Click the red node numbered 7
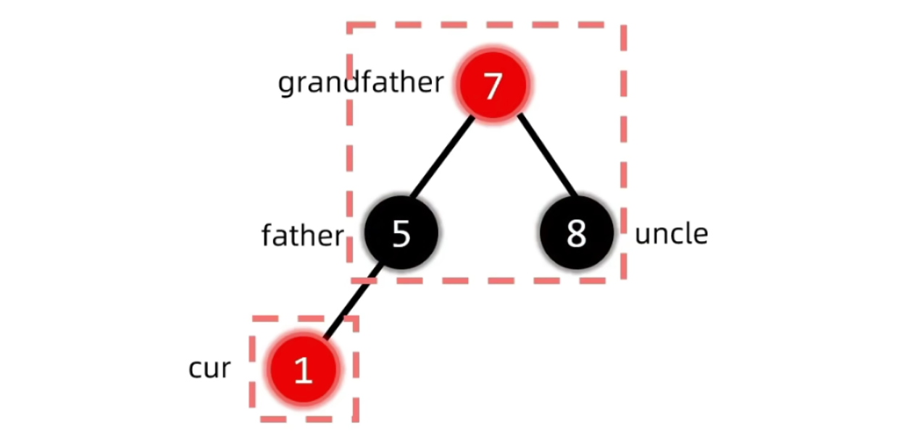click(493, 85)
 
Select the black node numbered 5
click(401, 234)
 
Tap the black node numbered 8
click(576, 233)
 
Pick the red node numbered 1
click(303, 370)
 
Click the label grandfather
click(360, 83)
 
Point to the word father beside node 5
click(302, 235)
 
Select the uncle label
click(671, 234)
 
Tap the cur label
click(209, 368)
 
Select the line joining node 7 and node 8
click(547, 156)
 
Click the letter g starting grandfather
click(285, 85)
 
